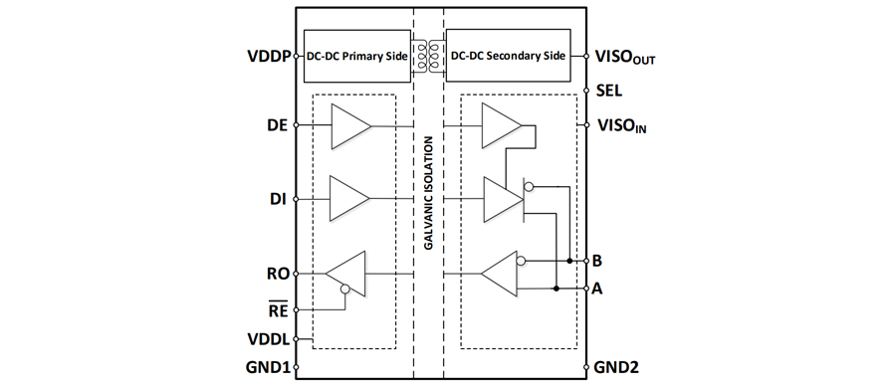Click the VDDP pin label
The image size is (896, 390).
(x=269, y=57)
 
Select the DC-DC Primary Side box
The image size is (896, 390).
(x=357, y=56)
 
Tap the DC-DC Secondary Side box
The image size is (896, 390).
(x=508, y=56)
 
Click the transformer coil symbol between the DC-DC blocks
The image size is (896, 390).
(x=428, y=56)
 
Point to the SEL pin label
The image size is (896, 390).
(x=609, y=91)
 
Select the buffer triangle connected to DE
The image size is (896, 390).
(x=350, y=125)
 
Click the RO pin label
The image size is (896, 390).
(x=280, y=273)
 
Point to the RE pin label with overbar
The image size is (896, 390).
(x=279, y=309)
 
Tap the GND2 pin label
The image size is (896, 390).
(x=616, y=367)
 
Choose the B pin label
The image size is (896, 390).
(x=597, y=261)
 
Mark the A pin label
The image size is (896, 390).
(x=597, y=289)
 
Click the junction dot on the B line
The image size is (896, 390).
(x=569, y=261)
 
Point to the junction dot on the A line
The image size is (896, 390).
(x=556, y=289)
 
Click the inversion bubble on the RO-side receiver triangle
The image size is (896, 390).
(x=344, y=290)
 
